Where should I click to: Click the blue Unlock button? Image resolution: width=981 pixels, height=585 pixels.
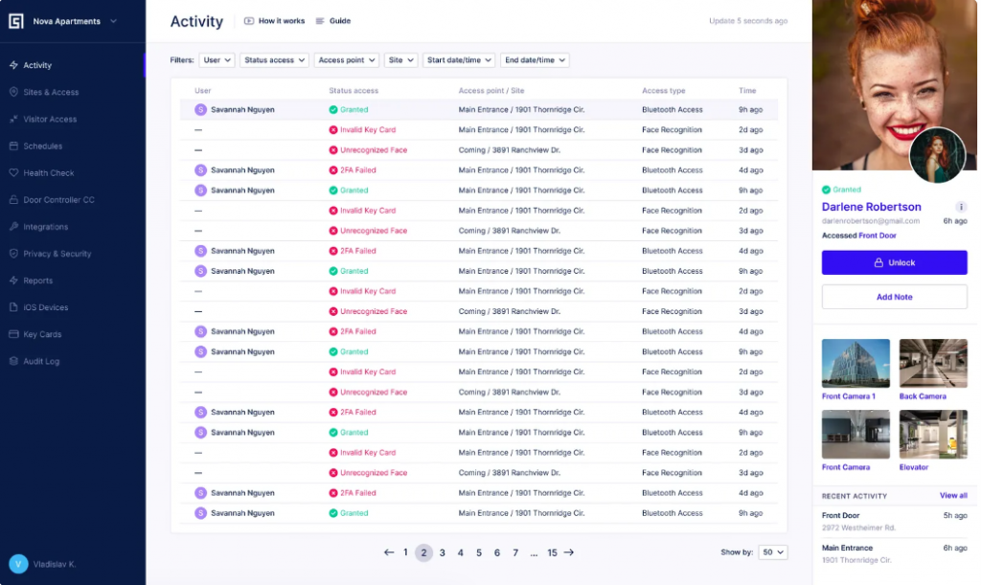[894, 262]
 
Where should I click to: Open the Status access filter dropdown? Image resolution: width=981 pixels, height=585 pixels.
[274, 60]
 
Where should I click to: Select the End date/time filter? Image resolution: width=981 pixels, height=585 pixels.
[535, 60]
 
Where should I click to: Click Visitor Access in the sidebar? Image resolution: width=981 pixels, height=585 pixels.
[49, 120]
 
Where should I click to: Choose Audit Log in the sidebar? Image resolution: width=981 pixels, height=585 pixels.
[41, 362]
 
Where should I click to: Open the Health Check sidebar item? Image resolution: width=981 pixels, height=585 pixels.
[48, 173]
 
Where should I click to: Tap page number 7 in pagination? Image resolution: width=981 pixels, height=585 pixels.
[515, 552]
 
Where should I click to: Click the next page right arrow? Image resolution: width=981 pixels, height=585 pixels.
[569, 552]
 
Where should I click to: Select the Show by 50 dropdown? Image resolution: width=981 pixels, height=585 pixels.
[772, 552]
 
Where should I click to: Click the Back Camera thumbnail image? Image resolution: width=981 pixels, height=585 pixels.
[933, 363]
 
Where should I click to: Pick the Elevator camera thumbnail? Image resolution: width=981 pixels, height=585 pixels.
[933, 435]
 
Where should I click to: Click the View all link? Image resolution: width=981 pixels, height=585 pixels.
[953, 496]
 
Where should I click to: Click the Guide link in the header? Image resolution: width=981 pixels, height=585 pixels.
[333, 21]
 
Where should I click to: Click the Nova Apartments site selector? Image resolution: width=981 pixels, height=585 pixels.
[67, 21]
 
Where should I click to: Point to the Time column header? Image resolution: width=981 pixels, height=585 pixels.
[747, 91]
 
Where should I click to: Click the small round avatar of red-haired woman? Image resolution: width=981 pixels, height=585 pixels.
[937, 156]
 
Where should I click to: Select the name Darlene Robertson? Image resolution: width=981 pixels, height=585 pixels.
[871, 207]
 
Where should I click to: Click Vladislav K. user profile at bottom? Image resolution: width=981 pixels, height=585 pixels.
[43, 564]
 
